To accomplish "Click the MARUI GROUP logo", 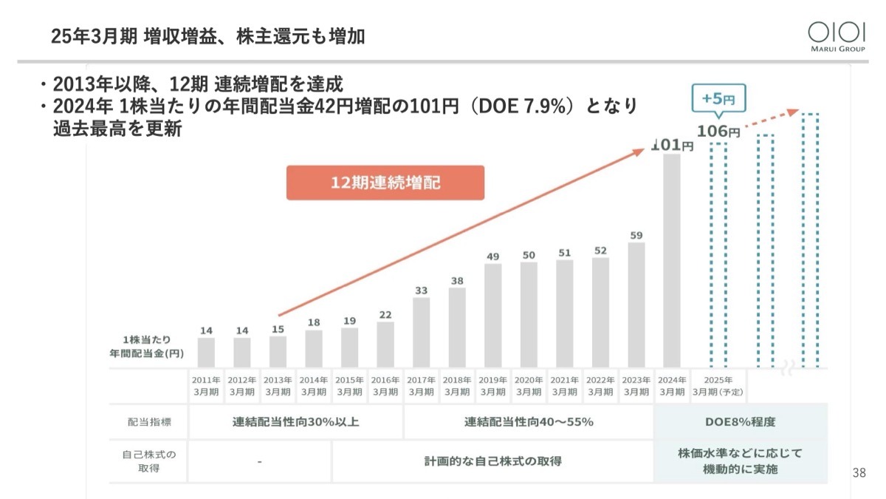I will [836, 36].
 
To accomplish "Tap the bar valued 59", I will [636, 305].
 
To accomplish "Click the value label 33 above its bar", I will [421, 291].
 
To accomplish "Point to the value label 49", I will [493, 257].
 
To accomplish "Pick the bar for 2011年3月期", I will [206, 353].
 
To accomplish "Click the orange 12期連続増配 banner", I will [385, 183].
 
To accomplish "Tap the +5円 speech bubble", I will [718, 98].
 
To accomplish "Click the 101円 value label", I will [673, 146].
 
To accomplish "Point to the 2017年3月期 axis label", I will [421, 385].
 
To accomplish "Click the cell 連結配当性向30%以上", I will [296, 423].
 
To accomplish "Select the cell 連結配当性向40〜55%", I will [529, 423].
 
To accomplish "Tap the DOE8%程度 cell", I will [741, 423].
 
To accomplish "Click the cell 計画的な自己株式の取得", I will [492, 461].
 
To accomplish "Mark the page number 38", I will [859, 473].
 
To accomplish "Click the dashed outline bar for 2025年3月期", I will [718, 255].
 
